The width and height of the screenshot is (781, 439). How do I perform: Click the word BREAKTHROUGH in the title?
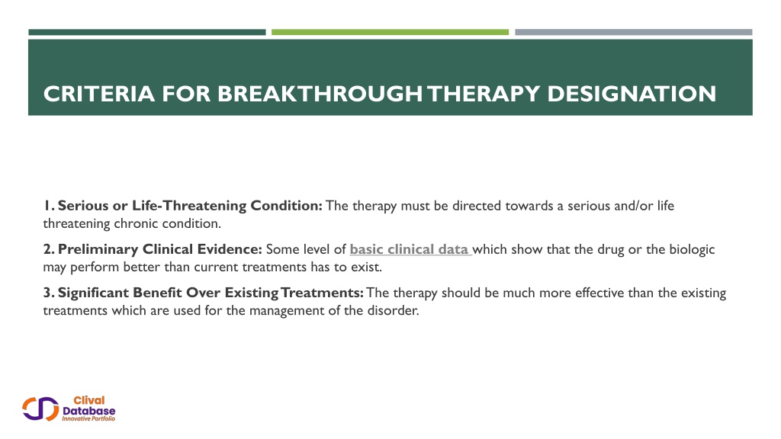[x=320, y=94]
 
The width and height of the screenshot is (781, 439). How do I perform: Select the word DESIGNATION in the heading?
[x=632, y=94]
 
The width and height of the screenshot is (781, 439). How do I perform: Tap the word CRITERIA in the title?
[x=99, y=94]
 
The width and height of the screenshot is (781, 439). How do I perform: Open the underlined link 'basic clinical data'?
[x=410, y=249]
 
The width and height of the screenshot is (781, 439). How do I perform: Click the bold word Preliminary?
[x=98, y=249]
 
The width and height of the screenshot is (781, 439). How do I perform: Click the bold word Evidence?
[x=230, y=249]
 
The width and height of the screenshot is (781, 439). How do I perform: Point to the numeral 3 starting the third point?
[x=47, y=293]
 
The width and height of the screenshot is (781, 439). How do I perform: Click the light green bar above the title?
[x=390, y=32]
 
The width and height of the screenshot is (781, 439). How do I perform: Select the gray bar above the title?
[x=634, y=32]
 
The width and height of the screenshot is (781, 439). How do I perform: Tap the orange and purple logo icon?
[x=40, y=409]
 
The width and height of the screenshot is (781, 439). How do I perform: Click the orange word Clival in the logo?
[x=89, y=400]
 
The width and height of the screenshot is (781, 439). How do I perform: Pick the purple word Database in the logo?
[x=88, y=411]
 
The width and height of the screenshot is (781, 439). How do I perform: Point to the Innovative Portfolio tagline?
[x=88, y=418]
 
